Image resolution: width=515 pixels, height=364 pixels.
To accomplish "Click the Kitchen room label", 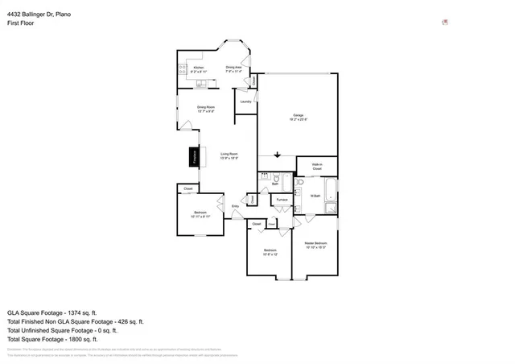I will click(198, 68).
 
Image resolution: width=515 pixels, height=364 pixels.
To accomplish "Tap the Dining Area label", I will click(234, 68).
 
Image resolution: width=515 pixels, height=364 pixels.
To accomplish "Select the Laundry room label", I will click(246, 101).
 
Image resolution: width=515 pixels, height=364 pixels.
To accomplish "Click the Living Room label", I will click(229, 153).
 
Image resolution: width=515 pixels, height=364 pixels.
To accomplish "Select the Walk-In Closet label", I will click(316, 167).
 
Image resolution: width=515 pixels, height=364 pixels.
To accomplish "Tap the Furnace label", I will click(282, 199).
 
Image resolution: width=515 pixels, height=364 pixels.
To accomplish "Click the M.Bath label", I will click(316, 196).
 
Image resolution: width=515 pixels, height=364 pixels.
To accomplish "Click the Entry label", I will click(235, 207).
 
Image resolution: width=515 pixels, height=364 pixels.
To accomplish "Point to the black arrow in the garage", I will click(277, 155).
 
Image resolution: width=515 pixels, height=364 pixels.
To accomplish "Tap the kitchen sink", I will click(197, 83).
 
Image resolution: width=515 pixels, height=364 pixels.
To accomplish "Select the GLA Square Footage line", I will click(51, 312).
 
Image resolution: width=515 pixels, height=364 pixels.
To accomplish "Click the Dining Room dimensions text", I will click(206, 111).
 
